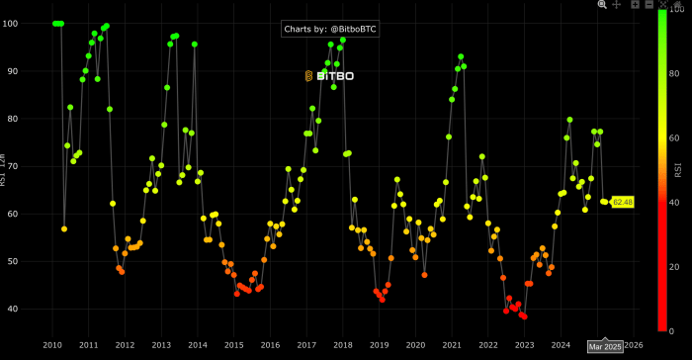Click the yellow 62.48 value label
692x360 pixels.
[623, 203]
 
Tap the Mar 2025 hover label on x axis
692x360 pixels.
[605, 346]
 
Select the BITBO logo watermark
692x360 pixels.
[329, 75]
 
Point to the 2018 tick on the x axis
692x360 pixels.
[343, 345]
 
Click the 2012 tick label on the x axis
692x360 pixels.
[125, 345]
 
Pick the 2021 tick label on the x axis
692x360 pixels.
[452, 345]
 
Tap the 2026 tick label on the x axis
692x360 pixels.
[635, 345]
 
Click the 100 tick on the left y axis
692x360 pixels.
[37, 24]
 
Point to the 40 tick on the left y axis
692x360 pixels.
[39, 309]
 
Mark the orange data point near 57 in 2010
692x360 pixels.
[64, 228]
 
